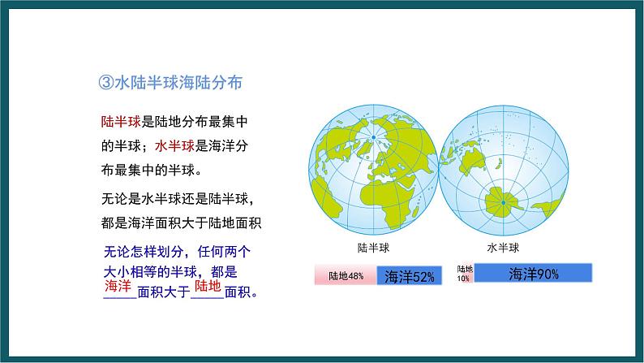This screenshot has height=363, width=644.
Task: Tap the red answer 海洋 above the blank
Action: click(118, 285)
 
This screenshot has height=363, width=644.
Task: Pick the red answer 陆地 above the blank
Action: click(208, 285)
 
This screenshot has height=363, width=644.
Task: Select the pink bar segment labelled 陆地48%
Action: click(346, 276)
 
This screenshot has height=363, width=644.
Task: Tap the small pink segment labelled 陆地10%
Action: click(465, 273)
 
